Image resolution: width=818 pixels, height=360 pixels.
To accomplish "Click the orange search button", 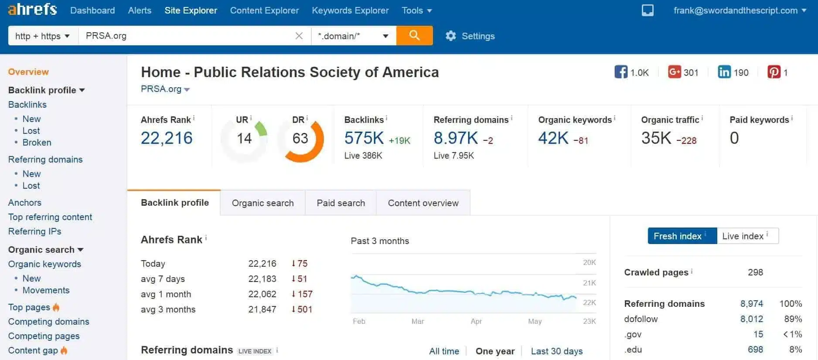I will tap(414, 35).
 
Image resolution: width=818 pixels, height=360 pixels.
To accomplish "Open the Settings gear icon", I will tap(450, 36).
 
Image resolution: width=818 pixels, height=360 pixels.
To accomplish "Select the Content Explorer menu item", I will tap(264, 10).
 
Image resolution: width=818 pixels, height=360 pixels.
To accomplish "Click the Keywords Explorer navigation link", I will tap(350, 10).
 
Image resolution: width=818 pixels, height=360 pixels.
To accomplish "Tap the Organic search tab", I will tap(262, 203).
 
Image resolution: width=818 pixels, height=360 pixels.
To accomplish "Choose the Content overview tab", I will tap(423, 203).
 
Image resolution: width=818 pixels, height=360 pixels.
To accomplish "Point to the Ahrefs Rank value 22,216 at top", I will tap(167, 138).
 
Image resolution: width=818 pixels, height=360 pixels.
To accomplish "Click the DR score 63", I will tap(300, 139).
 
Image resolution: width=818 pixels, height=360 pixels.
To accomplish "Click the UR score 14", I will tap(244, 139).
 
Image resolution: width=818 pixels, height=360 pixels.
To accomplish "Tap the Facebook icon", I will tap(621, 72).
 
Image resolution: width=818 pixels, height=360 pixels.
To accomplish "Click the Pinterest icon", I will tap(774, 72).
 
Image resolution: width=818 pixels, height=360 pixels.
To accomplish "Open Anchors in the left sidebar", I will tap(25, 203).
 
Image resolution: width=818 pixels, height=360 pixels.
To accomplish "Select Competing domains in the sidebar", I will tap(49, 322).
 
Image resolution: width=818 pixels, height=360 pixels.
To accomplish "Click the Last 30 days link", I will tap(556, 351).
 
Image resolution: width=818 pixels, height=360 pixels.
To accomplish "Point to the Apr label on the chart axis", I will tap(476, 321).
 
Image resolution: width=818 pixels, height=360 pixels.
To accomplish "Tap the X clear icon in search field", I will tap(299, 36).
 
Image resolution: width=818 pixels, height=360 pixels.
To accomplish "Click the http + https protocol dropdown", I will tap(42, 36).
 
